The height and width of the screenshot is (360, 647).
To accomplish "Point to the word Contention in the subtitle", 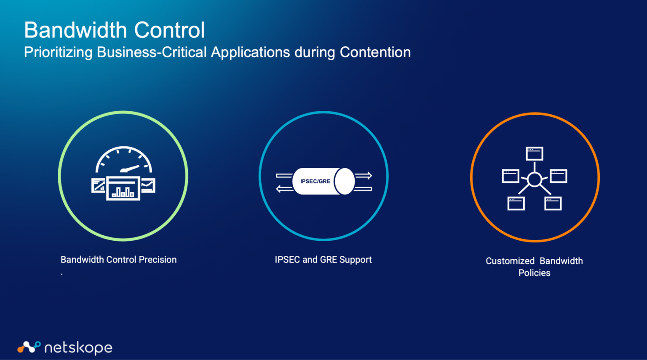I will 375,52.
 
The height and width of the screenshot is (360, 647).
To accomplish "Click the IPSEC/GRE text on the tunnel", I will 315,181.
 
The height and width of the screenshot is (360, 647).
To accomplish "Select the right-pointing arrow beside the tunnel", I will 364,175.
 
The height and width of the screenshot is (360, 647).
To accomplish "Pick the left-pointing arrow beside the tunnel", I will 284,189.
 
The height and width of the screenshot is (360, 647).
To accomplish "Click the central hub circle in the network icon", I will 534,180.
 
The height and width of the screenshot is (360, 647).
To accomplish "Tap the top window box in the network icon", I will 534,153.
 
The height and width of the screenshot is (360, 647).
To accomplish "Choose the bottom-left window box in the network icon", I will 516,204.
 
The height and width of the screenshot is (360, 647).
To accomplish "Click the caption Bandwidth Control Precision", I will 118,260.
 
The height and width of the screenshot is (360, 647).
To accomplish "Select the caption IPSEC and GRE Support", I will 323,260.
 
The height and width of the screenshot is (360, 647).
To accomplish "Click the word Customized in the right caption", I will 510,261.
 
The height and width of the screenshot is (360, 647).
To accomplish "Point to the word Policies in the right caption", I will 534,273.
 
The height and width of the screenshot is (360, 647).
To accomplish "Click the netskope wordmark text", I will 78,348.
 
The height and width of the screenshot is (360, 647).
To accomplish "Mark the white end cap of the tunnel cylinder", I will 345,181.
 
